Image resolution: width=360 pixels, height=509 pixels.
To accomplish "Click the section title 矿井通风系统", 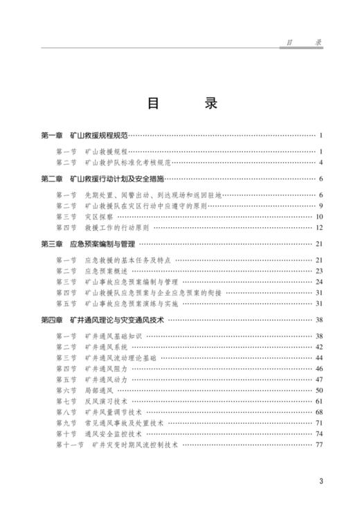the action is tap(105, 346).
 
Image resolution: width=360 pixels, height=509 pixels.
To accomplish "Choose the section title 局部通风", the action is tap(100, 390).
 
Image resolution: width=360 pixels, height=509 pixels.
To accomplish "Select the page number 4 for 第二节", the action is tap(321, 163).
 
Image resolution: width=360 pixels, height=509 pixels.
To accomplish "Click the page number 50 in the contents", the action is tap(319, 390).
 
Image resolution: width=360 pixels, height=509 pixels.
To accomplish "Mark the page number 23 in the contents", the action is tap(319, 271).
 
